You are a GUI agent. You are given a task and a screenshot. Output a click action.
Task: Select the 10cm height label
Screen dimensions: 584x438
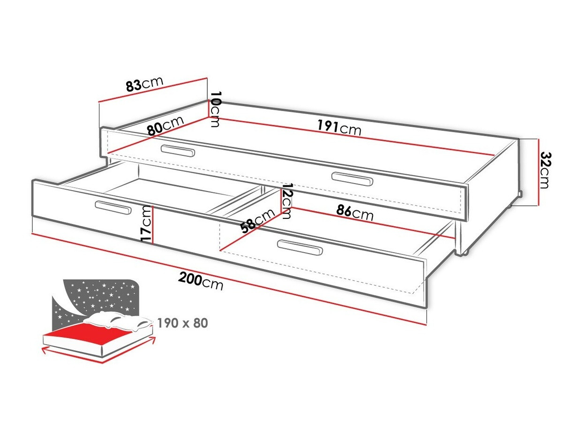point(215,109)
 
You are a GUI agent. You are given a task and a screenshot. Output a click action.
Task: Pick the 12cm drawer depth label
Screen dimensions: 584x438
point(287,200)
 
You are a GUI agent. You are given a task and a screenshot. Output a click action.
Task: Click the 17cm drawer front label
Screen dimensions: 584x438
point(147,224)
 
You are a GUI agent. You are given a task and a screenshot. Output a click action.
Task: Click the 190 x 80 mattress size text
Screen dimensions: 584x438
point(182,323)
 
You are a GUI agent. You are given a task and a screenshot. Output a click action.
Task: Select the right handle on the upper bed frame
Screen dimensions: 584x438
point(352,179)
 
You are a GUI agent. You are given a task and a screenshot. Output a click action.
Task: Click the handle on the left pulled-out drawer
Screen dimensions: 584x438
point(113,207)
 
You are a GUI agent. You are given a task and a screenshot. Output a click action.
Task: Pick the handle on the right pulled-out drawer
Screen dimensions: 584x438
point(300,247)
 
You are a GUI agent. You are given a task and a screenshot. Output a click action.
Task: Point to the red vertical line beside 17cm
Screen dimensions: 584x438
point(153,225)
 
